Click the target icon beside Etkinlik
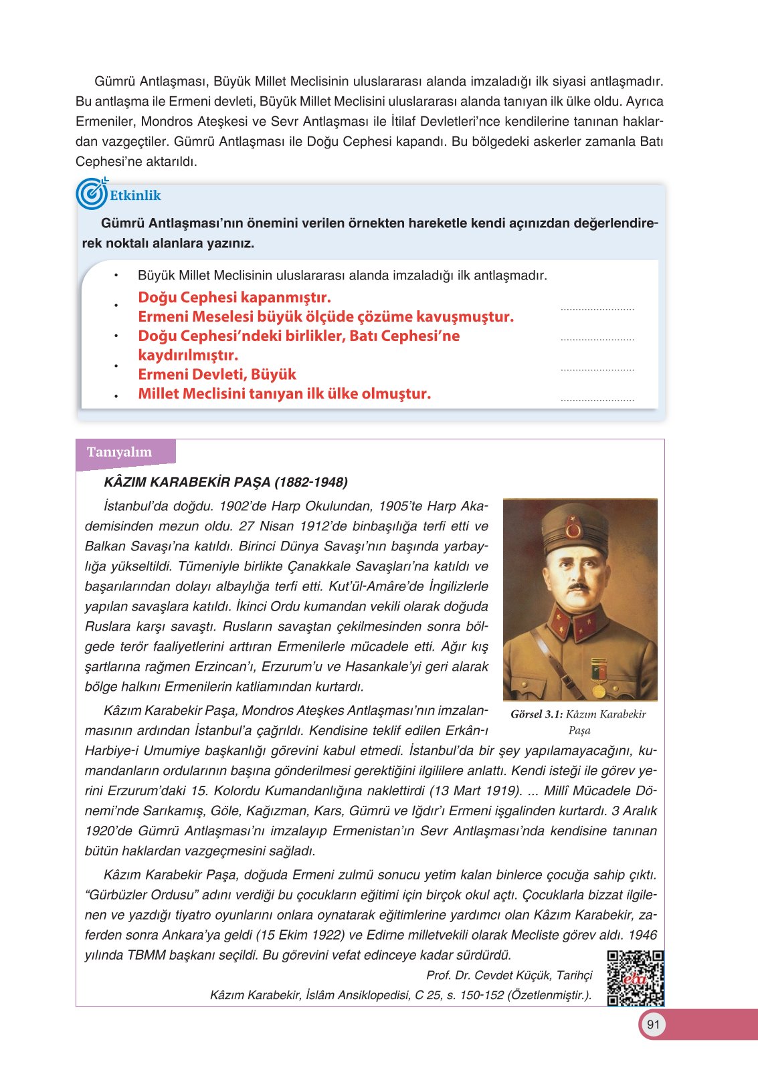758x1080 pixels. [92, 194]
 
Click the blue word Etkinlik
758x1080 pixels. [135, 195]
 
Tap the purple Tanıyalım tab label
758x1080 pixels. [119, 452]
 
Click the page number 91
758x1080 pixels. [654, 1024]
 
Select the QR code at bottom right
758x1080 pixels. [635, 978]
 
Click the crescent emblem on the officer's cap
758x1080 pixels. [573, 530]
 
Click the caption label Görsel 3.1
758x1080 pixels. [536, 714]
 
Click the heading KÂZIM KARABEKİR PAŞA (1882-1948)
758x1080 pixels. [225, 482]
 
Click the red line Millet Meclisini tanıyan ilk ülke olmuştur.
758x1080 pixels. [284, 394]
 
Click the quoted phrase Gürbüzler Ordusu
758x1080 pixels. [153, 895]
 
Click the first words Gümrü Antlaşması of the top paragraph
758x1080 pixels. [150, 82]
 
